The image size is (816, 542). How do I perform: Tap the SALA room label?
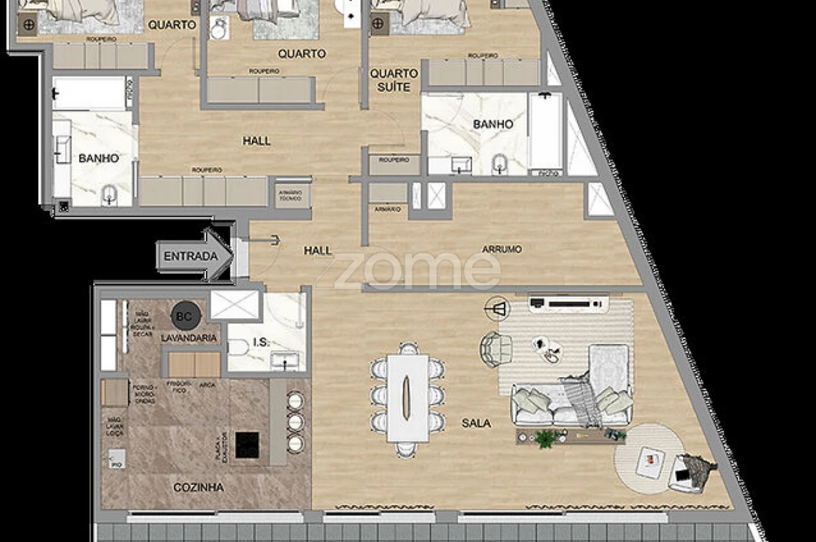point(476,423)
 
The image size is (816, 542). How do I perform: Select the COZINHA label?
point(199,487)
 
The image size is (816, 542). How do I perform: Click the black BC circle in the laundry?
point(185,316)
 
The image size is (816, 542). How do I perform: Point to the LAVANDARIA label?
point(190,339)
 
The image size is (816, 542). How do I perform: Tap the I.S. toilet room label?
point(261,343)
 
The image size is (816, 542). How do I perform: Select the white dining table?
point(408,397)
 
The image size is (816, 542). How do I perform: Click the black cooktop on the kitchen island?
point(247,444)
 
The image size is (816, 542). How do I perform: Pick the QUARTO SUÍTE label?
point(394,81)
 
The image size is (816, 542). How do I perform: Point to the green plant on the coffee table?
point(545,437)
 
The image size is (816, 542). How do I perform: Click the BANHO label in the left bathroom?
point(99,158)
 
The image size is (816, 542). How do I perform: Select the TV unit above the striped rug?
point(568,304)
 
